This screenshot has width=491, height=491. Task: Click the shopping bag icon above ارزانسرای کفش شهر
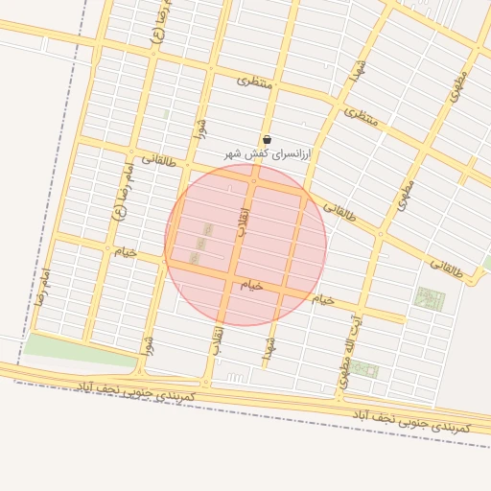click(267, 139)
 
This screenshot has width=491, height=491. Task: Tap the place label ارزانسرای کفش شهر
click(269, 153)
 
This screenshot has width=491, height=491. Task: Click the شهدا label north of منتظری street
click(358, 67)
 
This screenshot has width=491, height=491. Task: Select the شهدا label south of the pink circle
click(269, 348)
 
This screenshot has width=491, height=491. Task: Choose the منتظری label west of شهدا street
click(255, 83)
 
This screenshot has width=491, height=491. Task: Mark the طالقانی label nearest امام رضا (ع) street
click(160, 159)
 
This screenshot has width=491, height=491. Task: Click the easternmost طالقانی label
click(445, 269)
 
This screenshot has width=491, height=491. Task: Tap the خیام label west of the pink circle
click(126, 251)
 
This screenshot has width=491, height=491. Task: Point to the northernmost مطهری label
click(457, 85)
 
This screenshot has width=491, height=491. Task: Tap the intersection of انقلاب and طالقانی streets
click(228, 179)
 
